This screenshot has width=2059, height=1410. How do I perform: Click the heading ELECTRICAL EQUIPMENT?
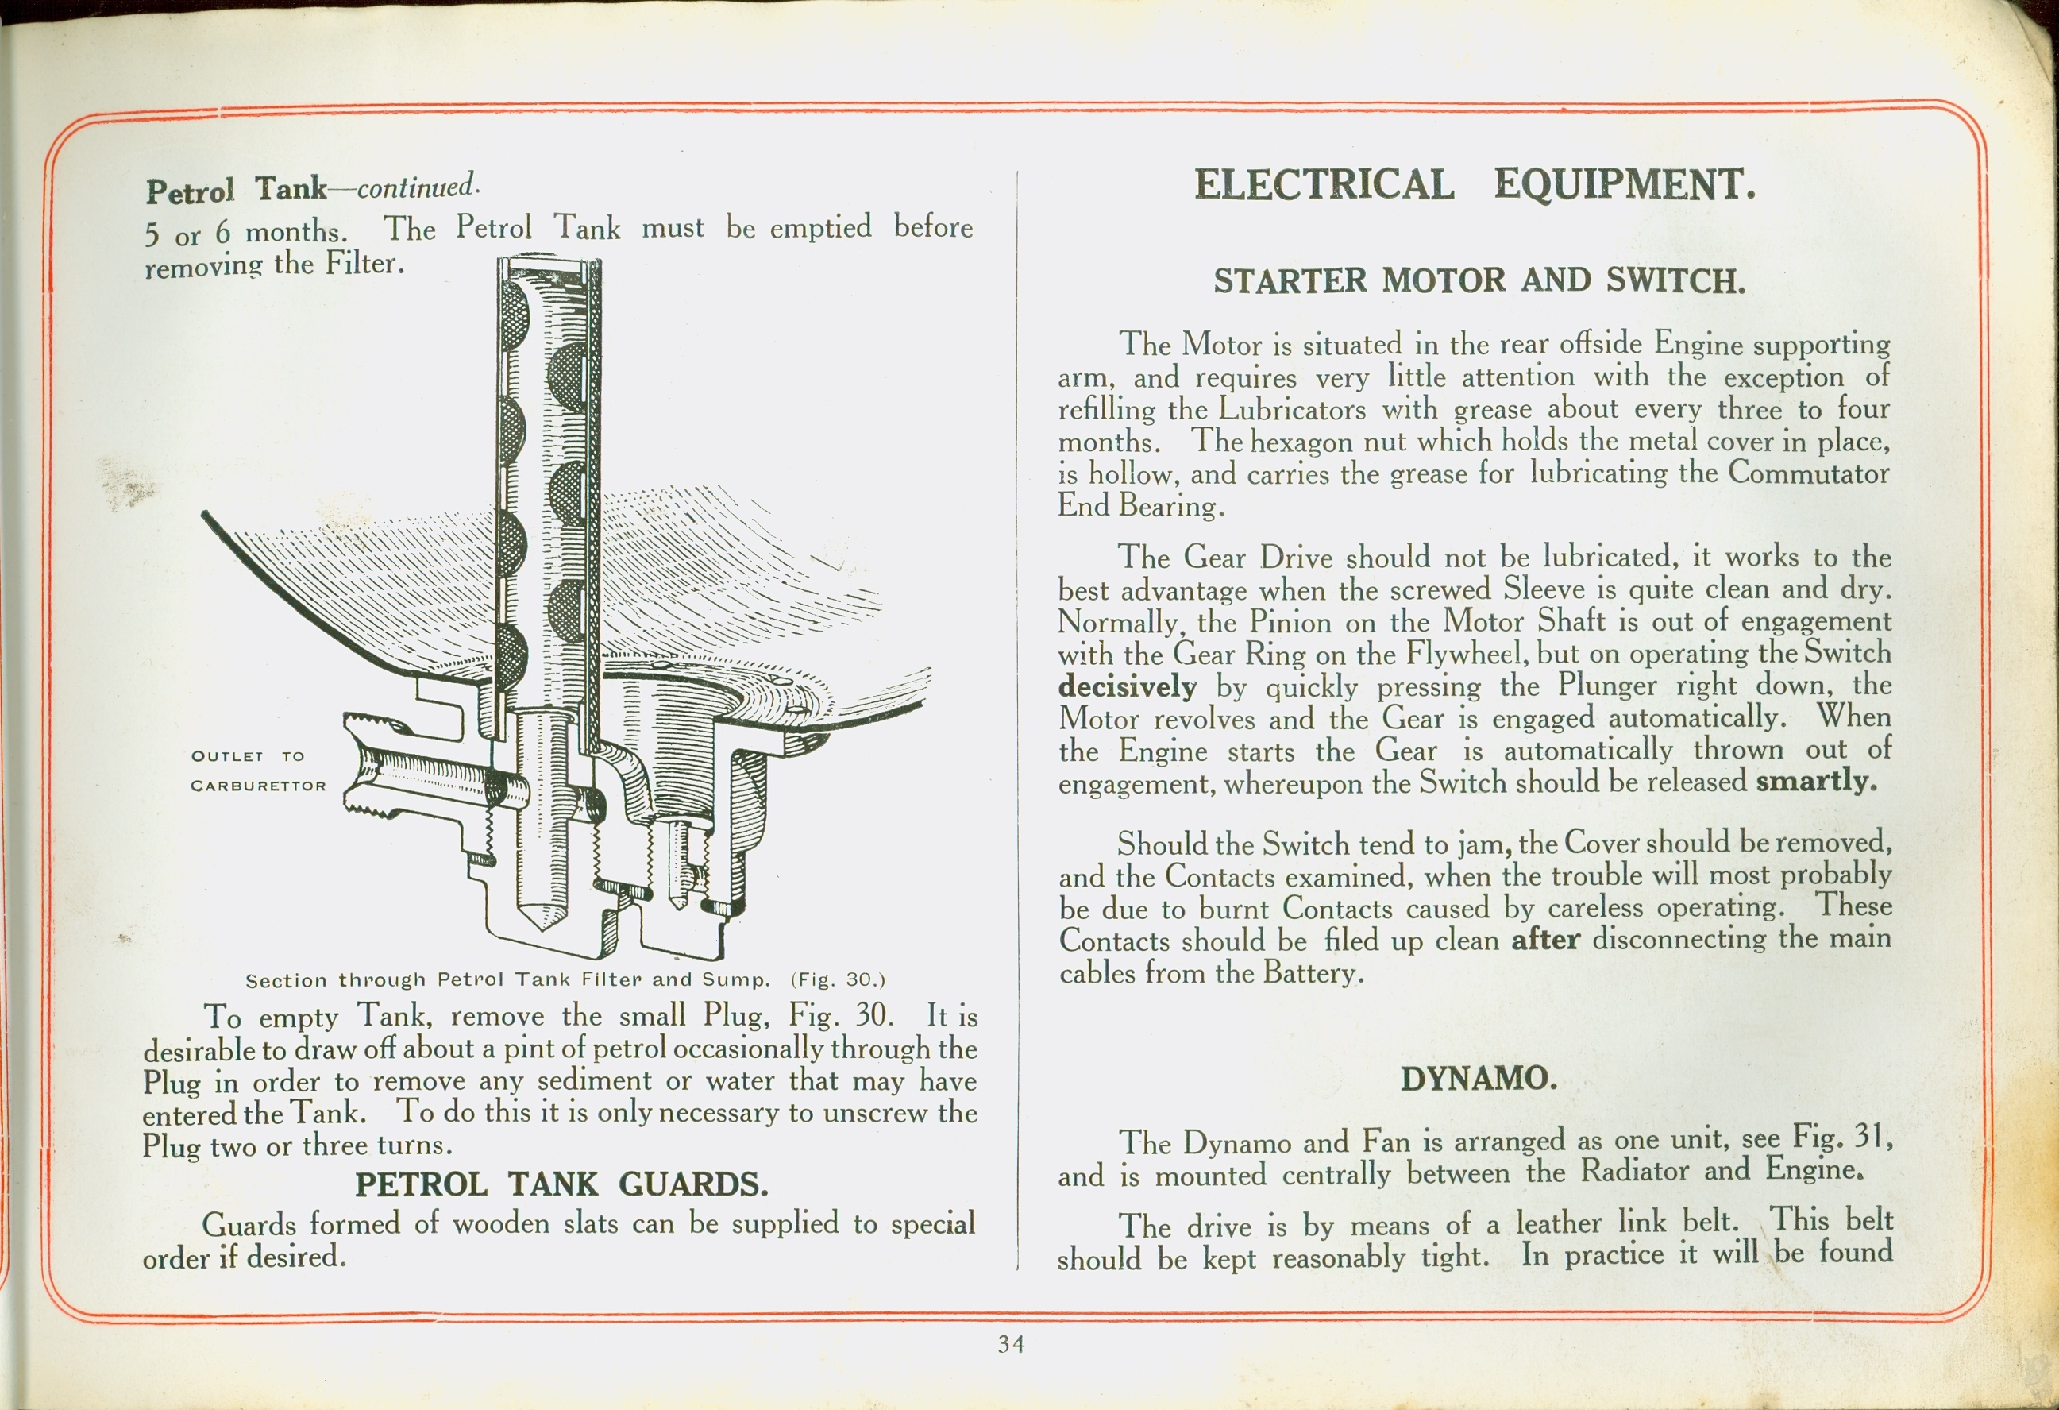coord(1475,185)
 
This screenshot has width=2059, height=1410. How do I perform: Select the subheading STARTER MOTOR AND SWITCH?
coord(1479,281)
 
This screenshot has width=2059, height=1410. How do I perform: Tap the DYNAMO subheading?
coord(1479,1079)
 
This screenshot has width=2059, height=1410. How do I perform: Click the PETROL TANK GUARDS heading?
coord(561,1184)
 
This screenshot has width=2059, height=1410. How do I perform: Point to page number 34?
coord(1011,1344)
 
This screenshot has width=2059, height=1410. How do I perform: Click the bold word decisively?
coord(1127,687)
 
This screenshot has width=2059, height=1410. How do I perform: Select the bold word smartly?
coord(1816,781)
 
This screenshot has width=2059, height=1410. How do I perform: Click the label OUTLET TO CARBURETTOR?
coord(259,771)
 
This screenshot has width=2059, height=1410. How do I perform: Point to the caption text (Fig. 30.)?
coord(838,979)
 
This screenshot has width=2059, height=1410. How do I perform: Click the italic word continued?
coord(418,187)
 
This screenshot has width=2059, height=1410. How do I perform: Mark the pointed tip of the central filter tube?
coord(542,929)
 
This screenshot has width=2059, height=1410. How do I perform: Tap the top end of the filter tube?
coord(549,261)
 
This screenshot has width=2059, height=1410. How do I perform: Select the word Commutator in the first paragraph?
coord(1808,473)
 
